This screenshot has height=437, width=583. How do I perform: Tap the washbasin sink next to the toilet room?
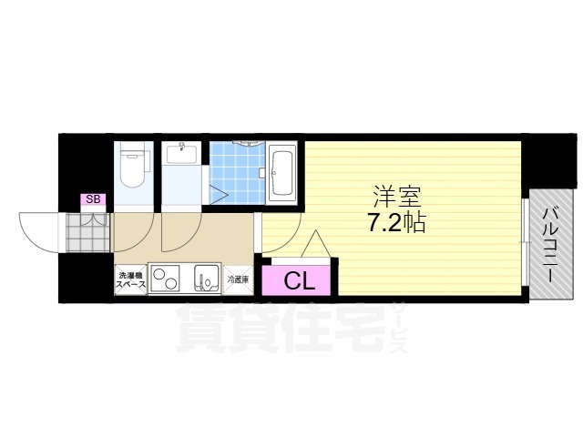pos(183,153)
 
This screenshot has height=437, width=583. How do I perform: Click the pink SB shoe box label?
pos(92,199)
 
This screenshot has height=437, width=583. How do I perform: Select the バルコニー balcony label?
pos(551,241)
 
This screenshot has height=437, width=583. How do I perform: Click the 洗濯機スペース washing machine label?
pos(130,279)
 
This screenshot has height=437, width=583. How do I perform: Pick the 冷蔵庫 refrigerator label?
pos(237,280)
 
